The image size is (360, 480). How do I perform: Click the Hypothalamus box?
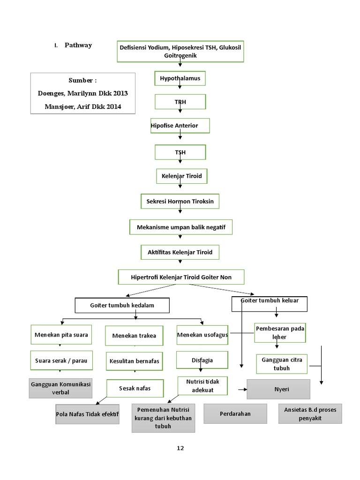point(180,78)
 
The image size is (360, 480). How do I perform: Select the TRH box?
point(180,101)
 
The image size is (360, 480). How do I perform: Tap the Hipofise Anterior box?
point(180,126)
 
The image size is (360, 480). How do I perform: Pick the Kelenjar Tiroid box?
point(181,176)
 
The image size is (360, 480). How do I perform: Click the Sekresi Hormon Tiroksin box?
point(180,201)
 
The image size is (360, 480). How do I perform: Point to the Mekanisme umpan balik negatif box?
point(181,227)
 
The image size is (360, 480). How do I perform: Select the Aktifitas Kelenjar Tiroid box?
point(180,252)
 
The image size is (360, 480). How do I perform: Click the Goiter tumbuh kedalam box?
point(122,305)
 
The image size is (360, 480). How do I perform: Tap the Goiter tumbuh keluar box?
point(270,304)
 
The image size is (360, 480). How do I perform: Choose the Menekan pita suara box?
point(61,335)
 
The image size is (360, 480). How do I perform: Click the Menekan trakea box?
point(134,336)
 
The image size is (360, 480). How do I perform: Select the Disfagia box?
point(202,360)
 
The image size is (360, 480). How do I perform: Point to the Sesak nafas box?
point(135,388)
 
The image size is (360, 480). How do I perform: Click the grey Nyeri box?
point(278,389)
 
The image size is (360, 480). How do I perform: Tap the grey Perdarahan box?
point(235,413)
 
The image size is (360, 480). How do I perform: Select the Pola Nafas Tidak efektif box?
point(87,414)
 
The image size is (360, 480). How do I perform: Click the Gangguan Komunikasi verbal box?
point(60,388)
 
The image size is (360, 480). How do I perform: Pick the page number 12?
point(180,448)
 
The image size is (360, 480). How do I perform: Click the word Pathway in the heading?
point(78,45)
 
